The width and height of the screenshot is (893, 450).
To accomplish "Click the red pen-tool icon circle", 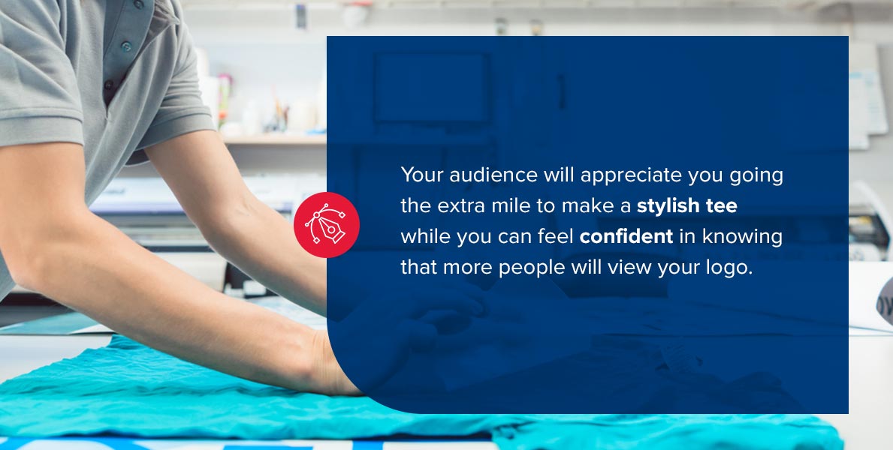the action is point(327,225).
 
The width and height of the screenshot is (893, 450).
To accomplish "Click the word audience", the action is point(493,175).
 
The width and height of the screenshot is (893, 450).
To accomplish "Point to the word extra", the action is point(459,206).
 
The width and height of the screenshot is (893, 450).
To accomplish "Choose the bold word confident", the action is point(626,236).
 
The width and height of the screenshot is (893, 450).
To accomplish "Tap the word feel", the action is point(555,236).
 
